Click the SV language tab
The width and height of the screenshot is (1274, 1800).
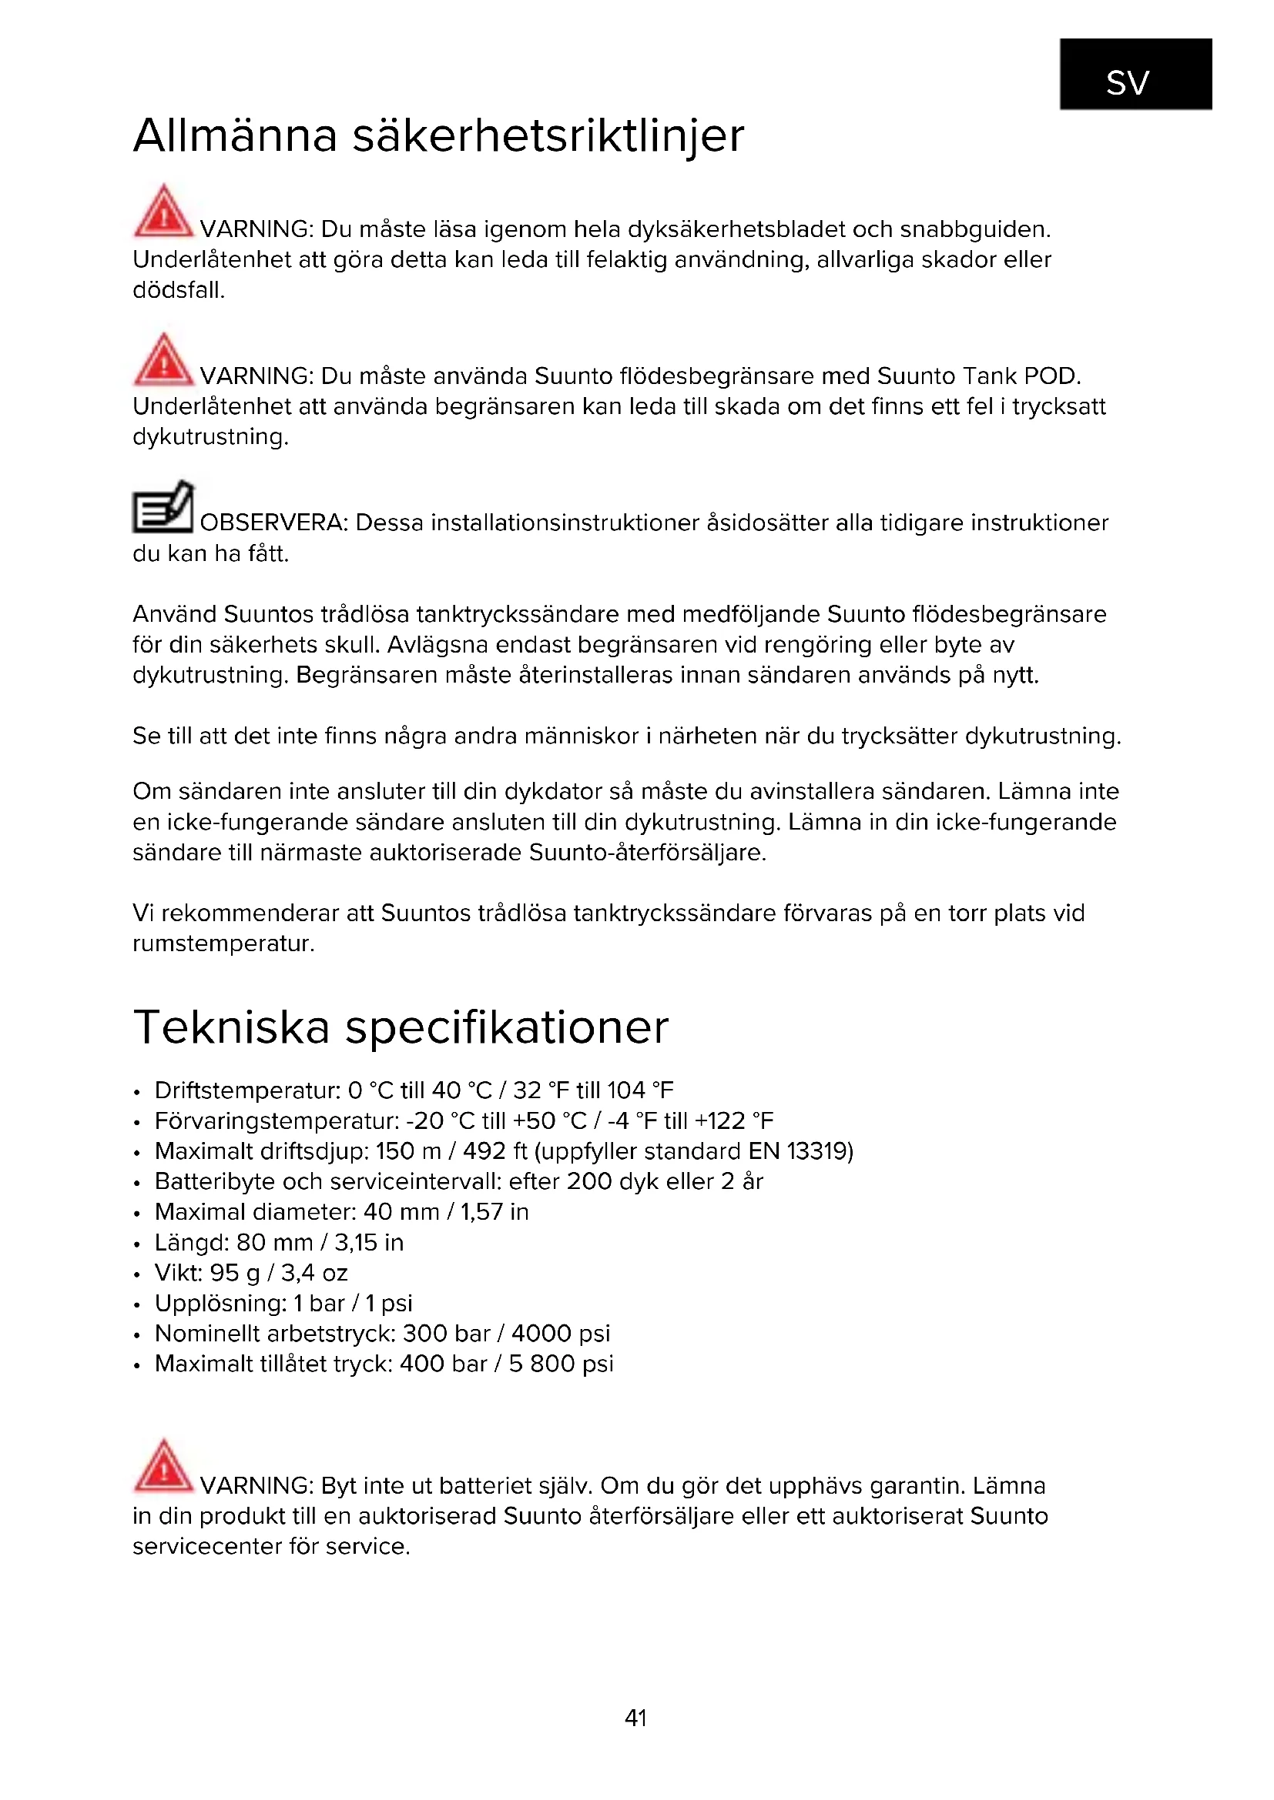1135,75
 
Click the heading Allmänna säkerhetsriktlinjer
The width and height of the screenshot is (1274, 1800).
438,135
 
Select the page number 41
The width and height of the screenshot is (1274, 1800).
635,1718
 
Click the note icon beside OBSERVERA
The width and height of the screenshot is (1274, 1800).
163,507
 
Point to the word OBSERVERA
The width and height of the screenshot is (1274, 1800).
273,523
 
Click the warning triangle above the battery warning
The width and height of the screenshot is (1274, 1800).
163,1465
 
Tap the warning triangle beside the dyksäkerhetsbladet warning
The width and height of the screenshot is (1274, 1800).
163,211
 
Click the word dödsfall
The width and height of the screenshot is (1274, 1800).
178,291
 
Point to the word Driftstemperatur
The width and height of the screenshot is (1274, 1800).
247,1090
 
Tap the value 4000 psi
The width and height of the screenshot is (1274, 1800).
560,1334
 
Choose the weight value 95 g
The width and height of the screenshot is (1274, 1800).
235,1272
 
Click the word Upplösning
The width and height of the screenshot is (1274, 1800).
220,1303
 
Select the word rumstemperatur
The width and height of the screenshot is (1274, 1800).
223,944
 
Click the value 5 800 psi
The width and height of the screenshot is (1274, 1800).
560,1364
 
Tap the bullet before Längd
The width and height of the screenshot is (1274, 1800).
137,1244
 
